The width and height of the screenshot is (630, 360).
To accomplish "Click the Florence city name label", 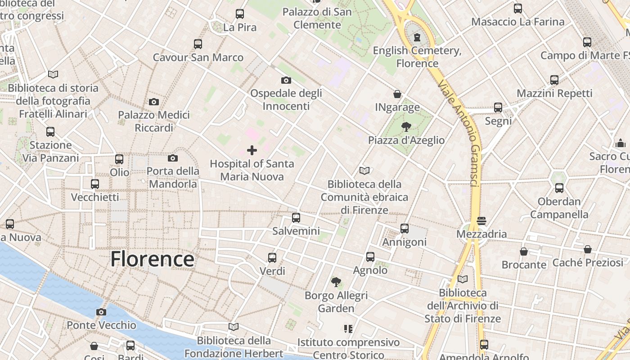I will tap(152, 259).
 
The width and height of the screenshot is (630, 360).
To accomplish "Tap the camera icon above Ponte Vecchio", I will tap(101, 312).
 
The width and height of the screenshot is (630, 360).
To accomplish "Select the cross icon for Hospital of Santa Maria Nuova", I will tap(252, 150).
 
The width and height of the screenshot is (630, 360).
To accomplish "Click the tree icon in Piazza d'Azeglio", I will tap(406, 127).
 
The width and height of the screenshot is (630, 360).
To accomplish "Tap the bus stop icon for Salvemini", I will tap(296, 218).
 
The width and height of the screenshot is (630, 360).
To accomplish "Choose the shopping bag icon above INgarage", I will tap(397, 94).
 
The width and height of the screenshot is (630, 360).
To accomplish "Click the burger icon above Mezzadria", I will tap(481, 221).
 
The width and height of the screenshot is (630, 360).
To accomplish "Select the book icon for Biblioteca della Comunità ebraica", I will tap(364, 171).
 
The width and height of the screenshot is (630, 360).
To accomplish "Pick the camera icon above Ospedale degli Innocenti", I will tap(286, 80).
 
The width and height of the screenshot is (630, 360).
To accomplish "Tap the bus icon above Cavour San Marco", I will tap(198, 44).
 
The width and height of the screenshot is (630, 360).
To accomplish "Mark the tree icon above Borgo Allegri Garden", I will tap(336, 282).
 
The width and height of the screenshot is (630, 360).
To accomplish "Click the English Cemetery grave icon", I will tap(417, 37).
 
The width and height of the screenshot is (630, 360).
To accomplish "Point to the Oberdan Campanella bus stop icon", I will tap(559, 188).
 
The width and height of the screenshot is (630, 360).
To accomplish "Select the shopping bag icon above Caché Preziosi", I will tap(588, 249).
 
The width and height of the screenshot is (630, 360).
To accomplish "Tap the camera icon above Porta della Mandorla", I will tap(173, 158).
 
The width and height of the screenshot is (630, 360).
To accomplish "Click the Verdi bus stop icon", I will tap(272, 258).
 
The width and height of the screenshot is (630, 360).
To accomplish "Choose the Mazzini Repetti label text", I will tap(554, 93).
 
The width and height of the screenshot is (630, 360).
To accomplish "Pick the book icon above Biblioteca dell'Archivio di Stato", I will tap(463, 279).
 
